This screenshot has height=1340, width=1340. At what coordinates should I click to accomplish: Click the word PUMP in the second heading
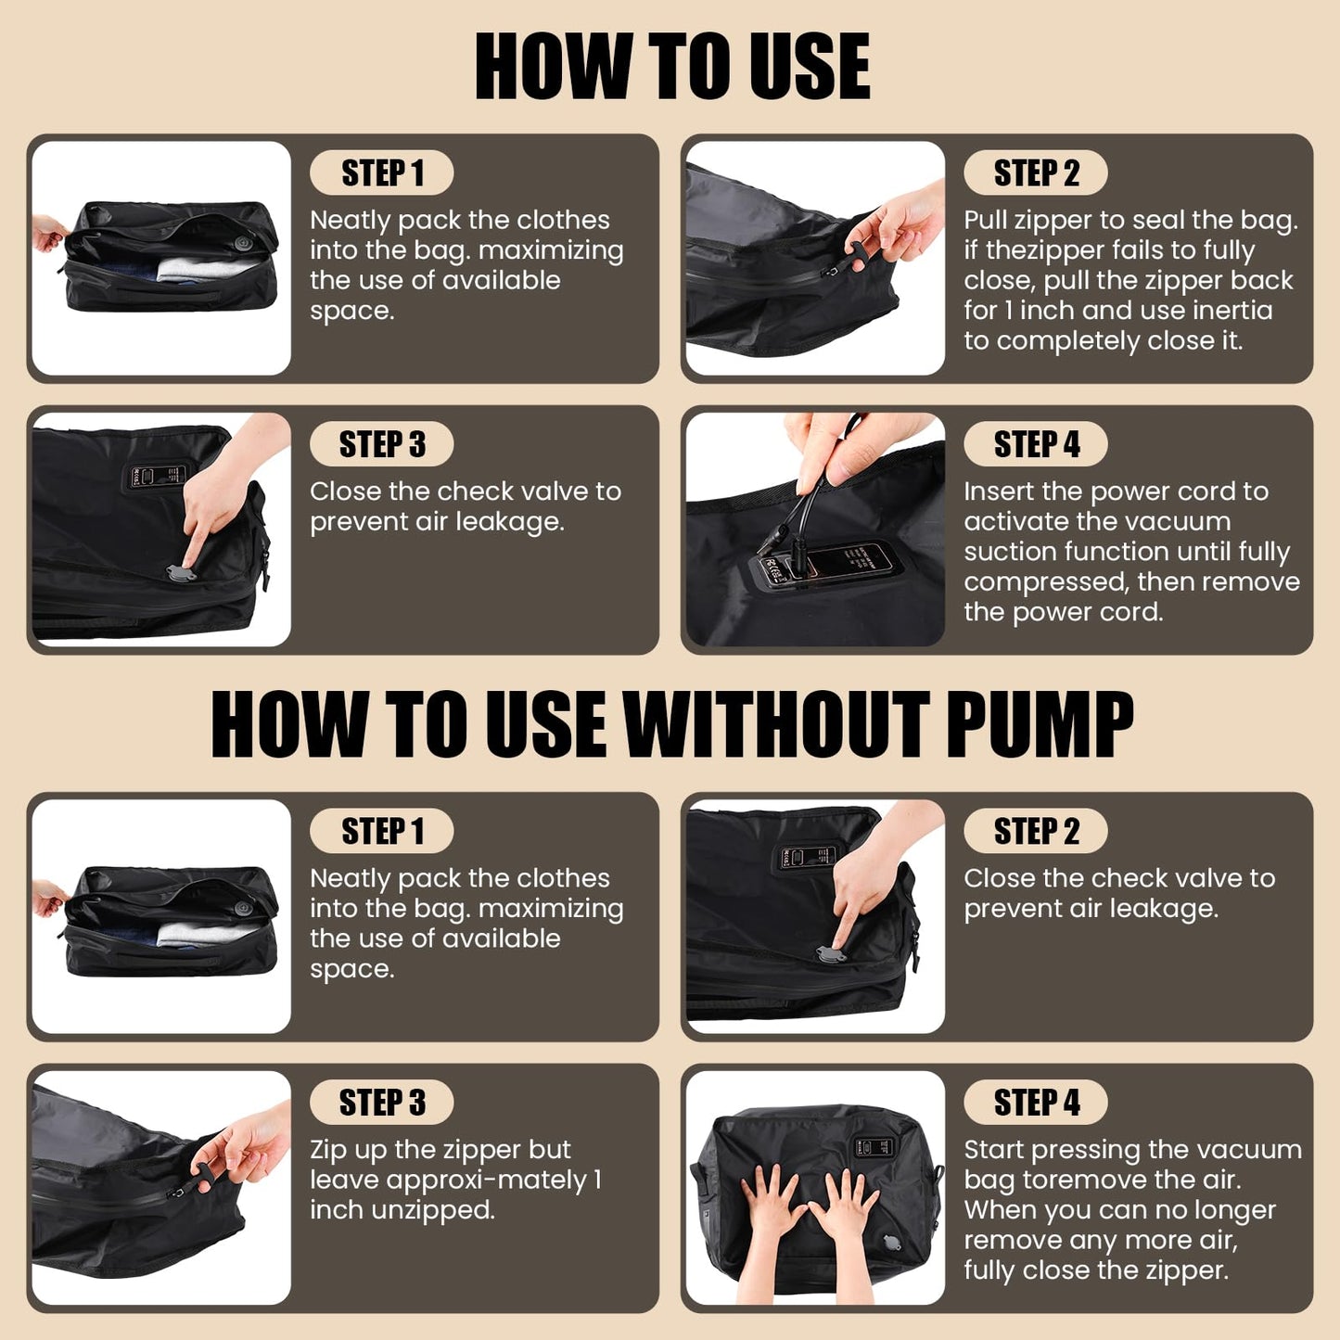click(x=1039, y=724)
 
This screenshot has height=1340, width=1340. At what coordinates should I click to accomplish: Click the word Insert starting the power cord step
click(x=999, y=491)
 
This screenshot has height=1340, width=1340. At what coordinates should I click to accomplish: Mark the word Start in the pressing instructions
click(x=994, y=1150)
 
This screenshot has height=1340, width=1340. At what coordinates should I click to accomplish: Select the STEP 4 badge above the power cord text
click(x=1036, y=444)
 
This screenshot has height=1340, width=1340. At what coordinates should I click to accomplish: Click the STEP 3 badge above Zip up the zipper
click(x=382, y=1103)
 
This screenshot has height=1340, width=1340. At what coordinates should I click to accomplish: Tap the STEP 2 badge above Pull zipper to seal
click(x=1036, y=172)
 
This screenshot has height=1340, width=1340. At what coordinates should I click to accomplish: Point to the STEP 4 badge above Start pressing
click(x=1036, y=1103)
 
